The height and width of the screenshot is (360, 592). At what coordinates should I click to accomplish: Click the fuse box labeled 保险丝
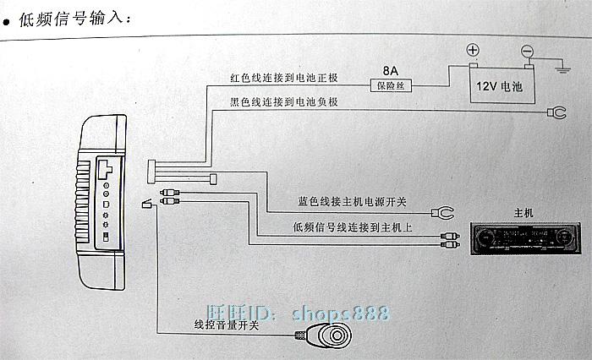click(x=391, y=86)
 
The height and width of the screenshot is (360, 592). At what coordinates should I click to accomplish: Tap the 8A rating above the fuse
click(x=391, y=71)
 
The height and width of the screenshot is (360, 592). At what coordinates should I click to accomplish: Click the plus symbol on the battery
click(x=473, y=50)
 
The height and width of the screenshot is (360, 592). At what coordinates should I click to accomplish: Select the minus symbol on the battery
click(x=527, y=51)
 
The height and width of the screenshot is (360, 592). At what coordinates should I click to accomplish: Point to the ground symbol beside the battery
click(x=562, y=68)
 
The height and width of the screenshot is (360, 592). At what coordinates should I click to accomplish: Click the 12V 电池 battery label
click(x=499, y=87)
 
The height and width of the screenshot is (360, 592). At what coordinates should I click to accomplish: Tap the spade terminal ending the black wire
click(x=556, y=112)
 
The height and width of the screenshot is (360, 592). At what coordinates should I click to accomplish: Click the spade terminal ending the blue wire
click(x=443, y=213)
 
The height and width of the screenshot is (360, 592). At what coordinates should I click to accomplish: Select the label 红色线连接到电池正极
click(x=284, y=78)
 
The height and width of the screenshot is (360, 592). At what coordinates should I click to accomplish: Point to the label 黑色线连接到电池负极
click(x=284, y=102)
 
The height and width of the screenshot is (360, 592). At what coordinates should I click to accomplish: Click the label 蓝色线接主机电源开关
click(x=352, y=202)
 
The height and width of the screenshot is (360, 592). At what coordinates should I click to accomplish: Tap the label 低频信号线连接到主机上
click(x=353, y=227)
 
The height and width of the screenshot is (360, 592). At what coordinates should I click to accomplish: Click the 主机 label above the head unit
click(x=523, y=213)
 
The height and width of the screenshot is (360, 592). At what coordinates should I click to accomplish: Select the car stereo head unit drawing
click(x=525, y=238)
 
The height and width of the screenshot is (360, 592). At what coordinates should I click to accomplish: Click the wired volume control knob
click(x=327, y=335)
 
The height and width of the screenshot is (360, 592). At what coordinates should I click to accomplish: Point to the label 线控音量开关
click(x=227, y=325)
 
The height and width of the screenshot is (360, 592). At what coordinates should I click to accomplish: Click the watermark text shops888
click(x=340, y=314)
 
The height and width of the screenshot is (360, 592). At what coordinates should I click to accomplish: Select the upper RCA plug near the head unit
click(x=450, y=236)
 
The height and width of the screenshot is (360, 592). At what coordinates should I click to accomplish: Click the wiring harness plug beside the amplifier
click(x=151, y=172)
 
